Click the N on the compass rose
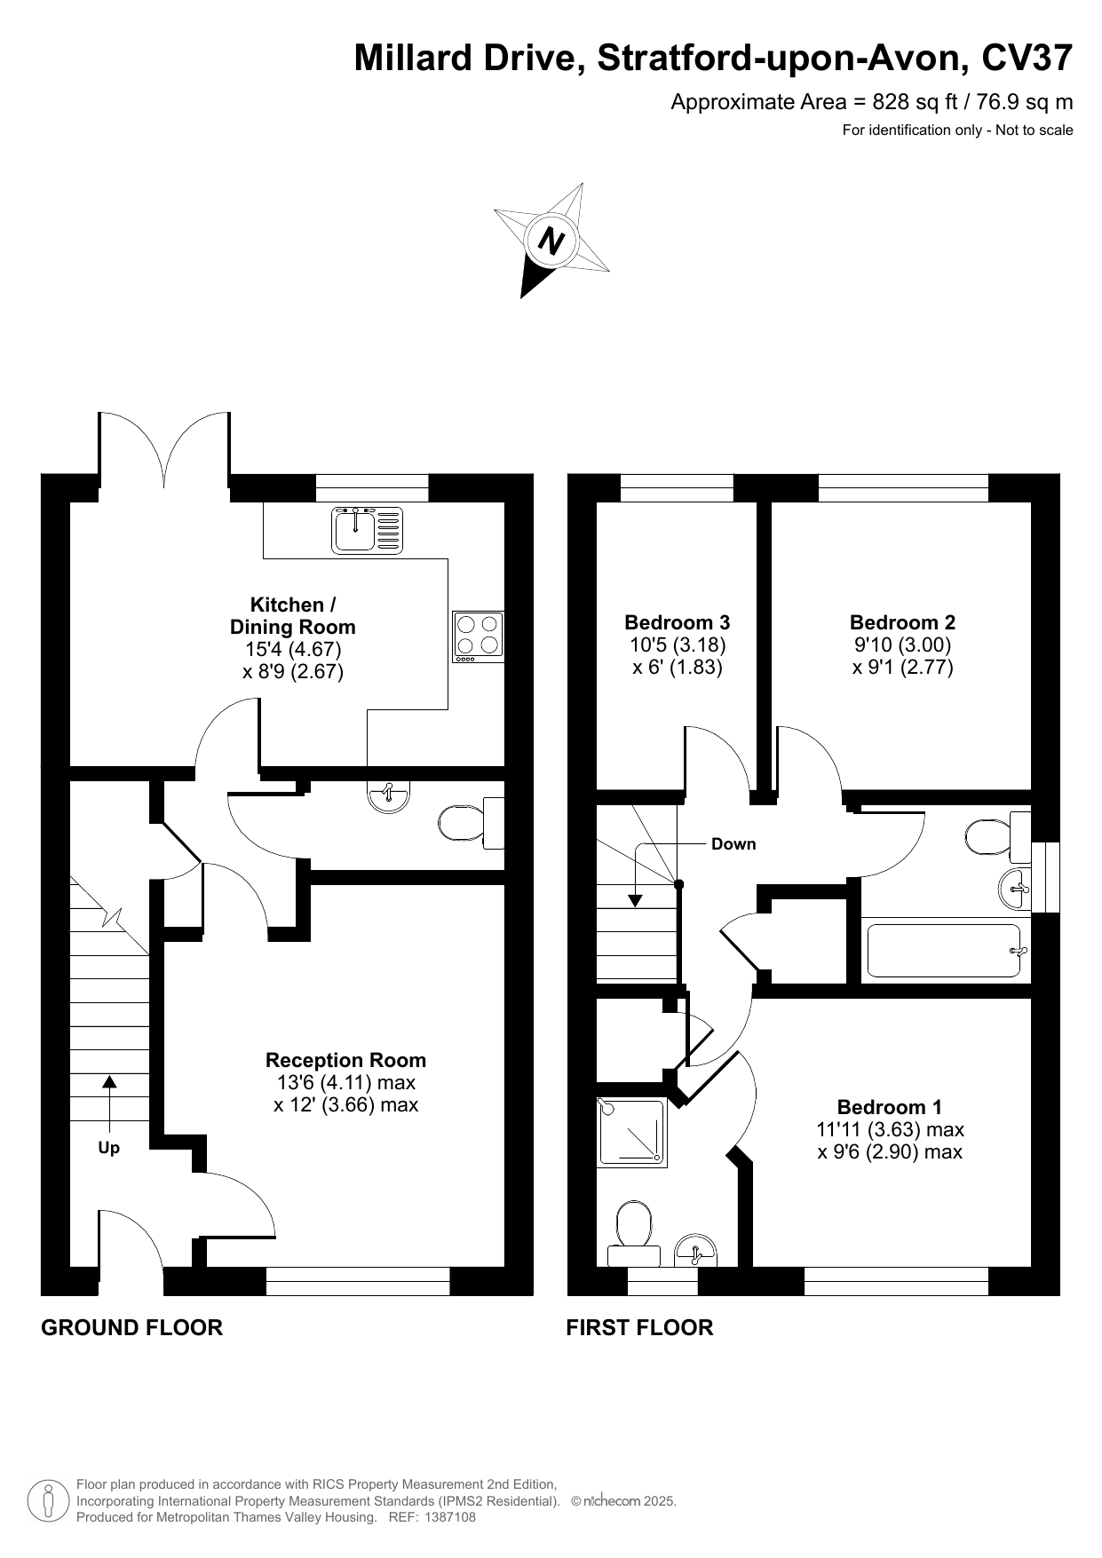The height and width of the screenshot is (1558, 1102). tap(552, 241)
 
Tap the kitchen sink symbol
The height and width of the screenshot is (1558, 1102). tap(368, 530)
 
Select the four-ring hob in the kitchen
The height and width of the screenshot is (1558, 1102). tap(478, 637)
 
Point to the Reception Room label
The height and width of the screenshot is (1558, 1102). tap(346, 1060)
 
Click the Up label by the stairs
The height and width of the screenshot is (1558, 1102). tap(108, 1148)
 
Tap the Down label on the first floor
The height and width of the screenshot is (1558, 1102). tap(733, 844)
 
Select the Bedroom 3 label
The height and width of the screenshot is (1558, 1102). tap(678, 622)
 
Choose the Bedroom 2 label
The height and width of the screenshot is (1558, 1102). tap(903, 622)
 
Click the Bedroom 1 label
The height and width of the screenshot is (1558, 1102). tap(890, 1107)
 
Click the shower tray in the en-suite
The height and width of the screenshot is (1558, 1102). tap(631, 1131)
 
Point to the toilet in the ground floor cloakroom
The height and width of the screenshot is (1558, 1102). tap(472, 823)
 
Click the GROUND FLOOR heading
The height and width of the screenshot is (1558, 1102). tap(131, 1327)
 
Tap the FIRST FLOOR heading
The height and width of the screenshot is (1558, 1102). tap(639, 1327)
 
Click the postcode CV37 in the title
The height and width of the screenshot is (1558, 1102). tap(1027, 59)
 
